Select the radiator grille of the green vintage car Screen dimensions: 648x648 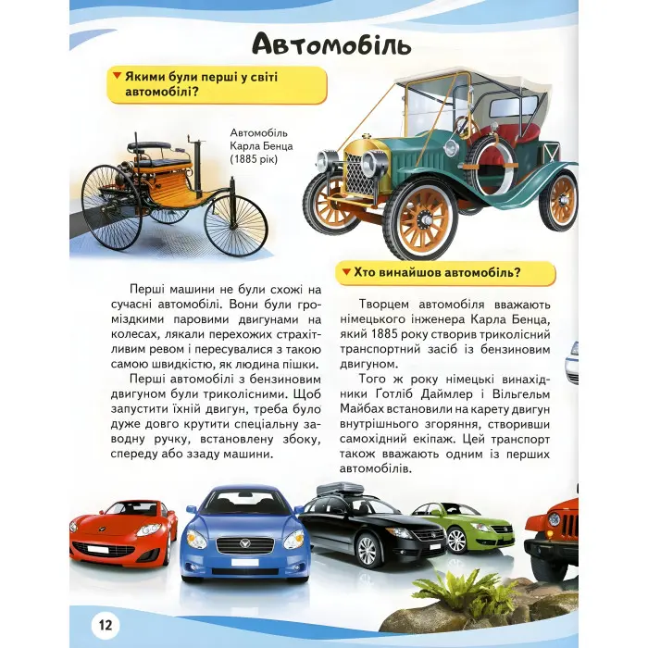[359, 175]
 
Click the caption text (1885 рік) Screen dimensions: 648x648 [255, 160]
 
